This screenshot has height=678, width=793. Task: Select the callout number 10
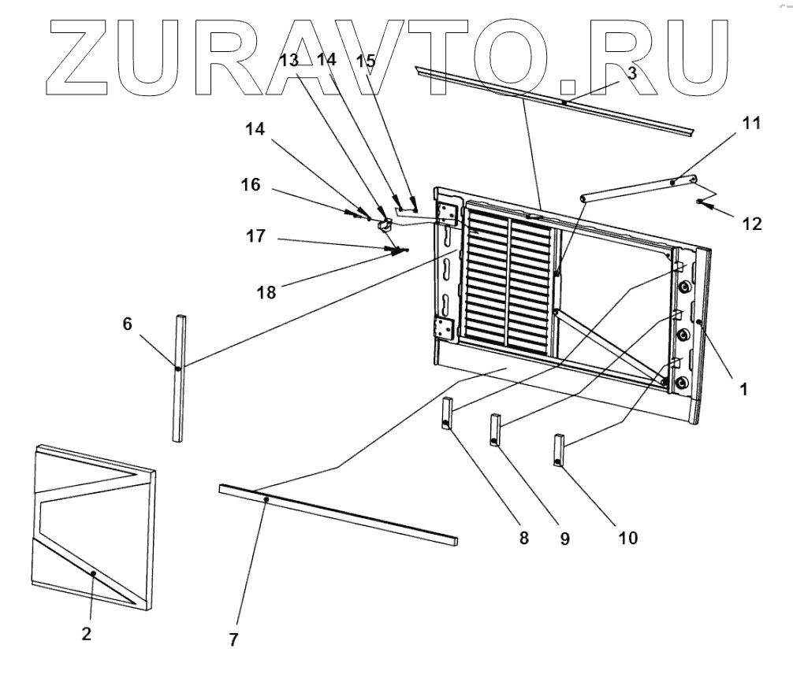628,539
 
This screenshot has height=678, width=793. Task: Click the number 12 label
750,224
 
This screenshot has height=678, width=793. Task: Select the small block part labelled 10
559,450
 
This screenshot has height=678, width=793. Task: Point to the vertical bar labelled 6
179,378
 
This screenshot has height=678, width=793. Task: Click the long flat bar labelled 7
339,514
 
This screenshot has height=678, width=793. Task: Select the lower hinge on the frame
445,330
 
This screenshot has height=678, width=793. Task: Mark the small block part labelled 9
497,430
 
